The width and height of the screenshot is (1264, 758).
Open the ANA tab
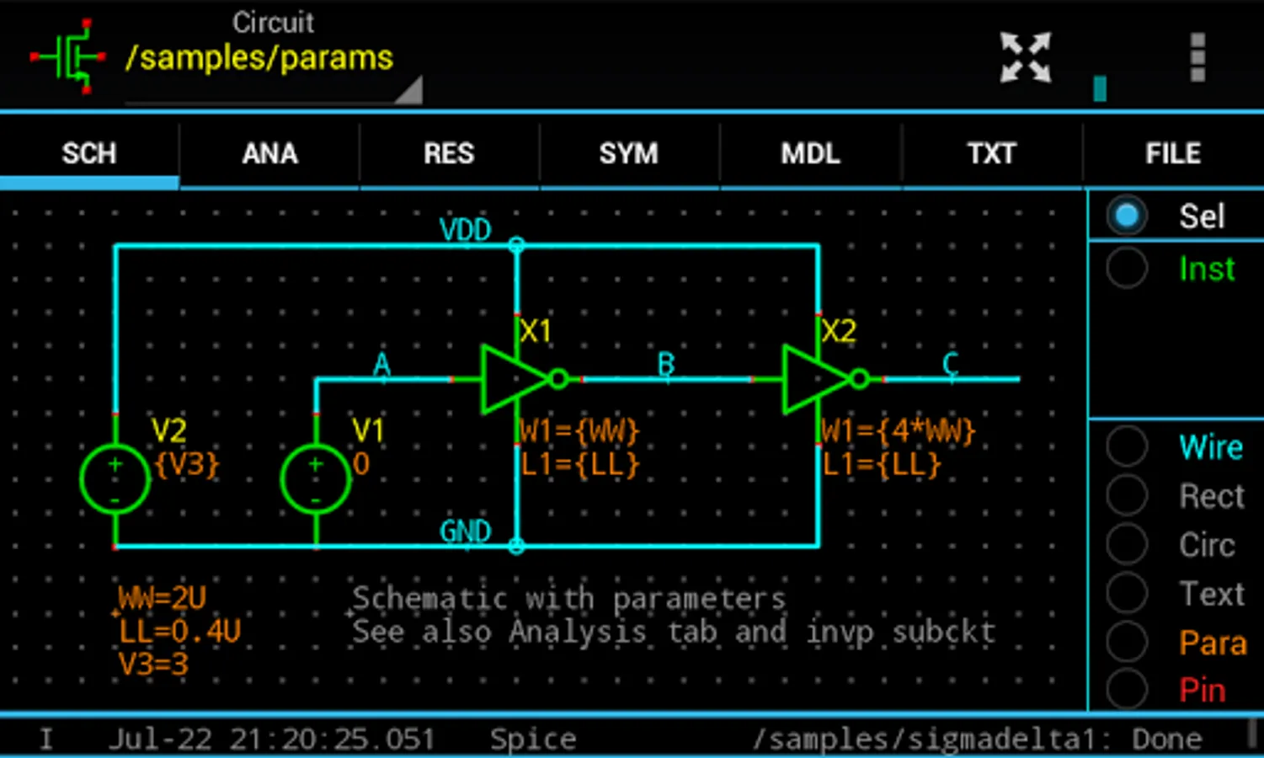coord(269,153)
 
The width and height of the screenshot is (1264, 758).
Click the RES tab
coord(449,153)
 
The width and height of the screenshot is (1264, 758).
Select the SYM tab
coord(628,153)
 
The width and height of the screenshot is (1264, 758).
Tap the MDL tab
coord(810,153)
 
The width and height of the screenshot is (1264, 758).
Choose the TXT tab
coord(991,153)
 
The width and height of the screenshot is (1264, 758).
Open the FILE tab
coord(1172,153)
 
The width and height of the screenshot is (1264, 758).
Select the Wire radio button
coord(1127,446)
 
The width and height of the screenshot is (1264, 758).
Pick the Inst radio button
coord(1127,269)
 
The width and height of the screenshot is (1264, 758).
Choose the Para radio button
coord(1127,643)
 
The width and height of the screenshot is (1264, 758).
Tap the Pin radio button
coord(1127,691)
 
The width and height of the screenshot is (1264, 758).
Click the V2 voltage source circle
coord(115,479)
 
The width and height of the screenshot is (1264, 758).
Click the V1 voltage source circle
coord(316,479)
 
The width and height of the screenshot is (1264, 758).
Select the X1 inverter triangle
coord(512,379)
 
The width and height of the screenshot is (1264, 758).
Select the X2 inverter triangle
coord(813,379)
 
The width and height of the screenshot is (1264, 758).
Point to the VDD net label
coord(465,229)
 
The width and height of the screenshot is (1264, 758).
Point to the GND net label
coord(465,531)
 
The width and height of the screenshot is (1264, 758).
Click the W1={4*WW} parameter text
coord(898,431)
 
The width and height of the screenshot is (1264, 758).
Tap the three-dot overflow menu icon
coord(1197,57)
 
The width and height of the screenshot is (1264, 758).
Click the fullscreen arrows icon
coord(1025,57)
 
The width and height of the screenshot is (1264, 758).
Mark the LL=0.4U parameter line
coord(179,632)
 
